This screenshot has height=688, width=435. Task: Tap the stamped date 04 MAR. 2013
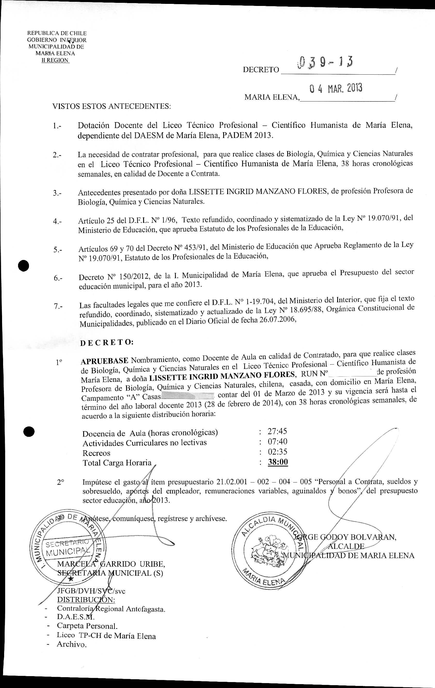pyautogui.click(x=336, y=89)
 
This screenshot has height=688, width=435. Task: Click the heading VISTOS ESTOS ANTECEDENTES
pyautogui.click(x=111, y=107)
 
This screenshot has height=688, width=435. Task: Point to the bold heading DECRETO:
pyautogui.click(x=107, y=343)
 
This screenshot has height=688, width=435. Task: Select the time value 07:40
pyautogui.click(x=277, y=441)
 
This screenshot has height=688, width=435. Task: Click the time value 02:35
pyautogui.click(x=277, y=452)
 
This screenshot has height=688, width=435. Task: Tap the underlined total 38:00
pyautogui.click(x=278, y=462)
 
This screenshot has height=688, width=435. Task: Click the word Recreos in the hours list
pyautogui.click(x=96, y=453)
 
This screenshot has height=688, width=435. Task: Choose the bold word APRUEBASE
pyautogui.click(x=105, y=361)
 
